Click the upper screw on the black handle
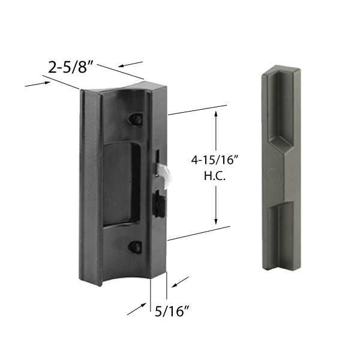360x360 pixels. point(136,119)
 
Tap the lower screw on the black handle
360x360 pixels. point(136,246)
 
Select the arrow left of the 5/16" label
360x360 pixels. point(137,310)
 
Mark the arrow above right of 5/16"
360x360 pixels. point(180,281)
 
